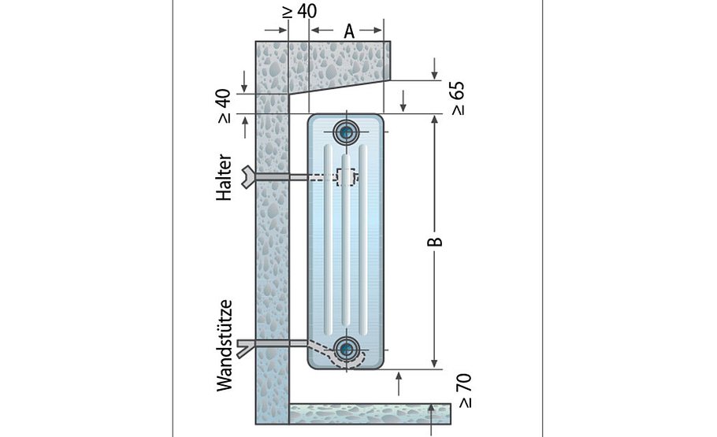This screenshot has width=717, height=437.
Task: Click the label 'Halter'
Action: click(x=225, y=176)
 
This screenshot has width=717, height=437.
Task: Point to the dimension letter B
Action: click(x=435, y=241)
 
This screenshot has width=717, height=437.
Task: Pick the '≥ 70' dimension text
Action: click(x=464, y=391)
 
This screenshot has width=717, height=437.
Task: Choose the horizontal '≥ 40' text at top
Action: click(x=298, y=11)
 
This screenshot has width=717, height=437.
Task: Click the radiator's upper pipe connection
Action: click(x=345, y=131)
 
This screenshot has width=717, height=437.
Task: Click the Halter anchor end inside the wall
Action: click(x=251, y=178)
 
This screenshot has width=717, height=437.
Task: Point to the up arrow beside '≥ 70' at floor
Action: click(x=433, y=409)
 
